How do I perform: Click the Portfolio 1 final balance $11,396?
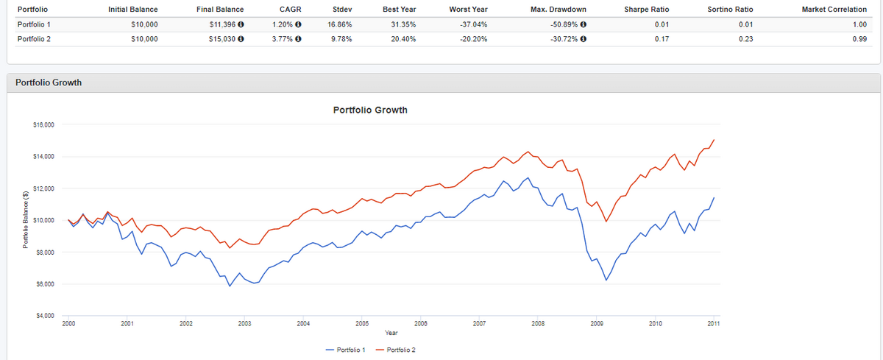[x=221, y=24]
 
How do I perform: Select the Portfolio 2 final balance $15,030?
[x=221, y=39]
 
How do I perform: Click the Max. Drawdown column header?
[x=557, y=9]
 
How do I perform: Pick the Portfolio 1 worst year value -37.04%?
[x=473, y=24]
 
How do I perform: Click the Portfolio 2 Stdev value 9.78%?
[x=340, y=39]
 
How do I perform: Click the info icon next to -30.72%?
[x=584, y=39]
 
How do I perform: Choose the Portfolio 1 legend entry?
[x=345, y=348]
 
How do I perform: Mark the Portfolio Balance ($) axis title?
[x=26, y=220]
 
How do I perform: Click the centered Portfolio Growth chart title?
[x=370, y=110]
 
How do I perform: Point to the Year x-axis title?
[x=391, y=333]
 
